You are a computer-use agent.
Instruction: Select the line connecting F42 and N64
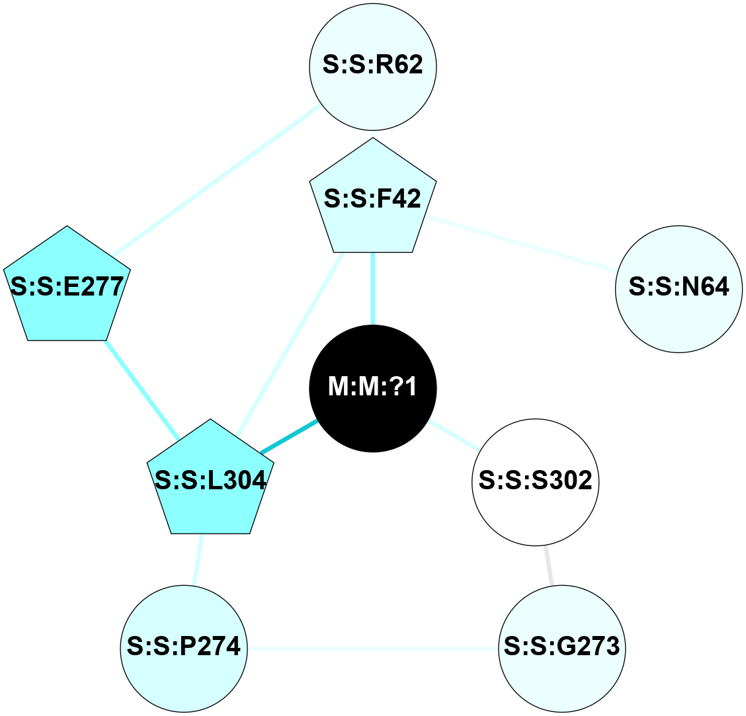pyautogui.click(x=519, y=243)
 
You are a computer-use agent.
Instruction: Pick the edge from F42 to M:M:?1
pyautogui.click(x=373, y=288)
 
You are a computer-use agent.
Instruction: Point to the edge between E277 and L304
pyautogui.click(x=142, y=389)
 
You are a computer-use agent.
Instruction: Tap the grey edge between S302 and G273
pyautogui.click(x=549, y=565)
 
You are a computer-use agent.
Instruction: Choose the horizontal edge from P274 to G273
pyautogui.click(x=373, y=648)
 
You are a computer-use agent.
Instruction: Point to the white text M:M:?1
pyautogui.click(x=373, y=387)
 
